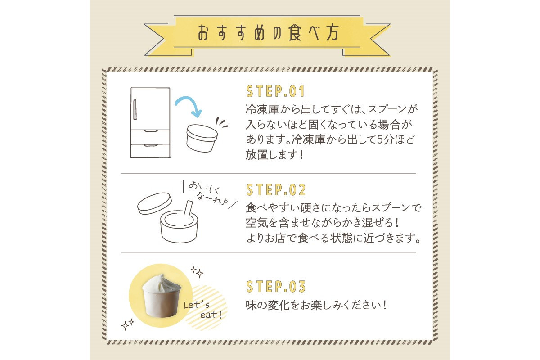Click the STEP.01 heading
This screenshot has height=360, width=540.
275,91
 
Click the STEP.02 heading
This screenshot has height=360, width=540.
276,190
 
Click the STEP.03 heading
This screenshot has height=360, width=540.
276,287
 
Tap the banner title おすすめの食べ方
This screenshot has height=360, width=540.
269,33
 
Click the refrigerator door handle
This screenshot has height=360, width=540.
135,109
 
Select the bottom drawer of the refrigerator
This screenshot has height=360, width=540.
150,151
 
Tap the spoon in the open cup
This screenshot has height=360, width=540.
188,208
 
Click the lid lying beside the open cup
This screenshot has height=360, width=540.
154,203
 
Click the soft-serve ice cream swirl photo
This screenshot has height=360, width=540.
161,296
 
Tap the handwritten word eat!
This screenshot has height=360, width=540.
211,315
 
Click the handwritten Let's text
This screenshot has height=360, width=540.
196,305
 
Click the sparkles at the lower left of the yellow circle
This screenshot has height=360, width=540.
128,324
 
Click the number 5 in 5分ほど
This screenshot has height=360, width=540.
380,139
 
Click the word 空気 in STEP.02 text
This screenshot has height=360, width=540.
257,223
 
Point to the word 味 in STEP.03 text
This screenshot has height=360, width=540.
251,305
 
